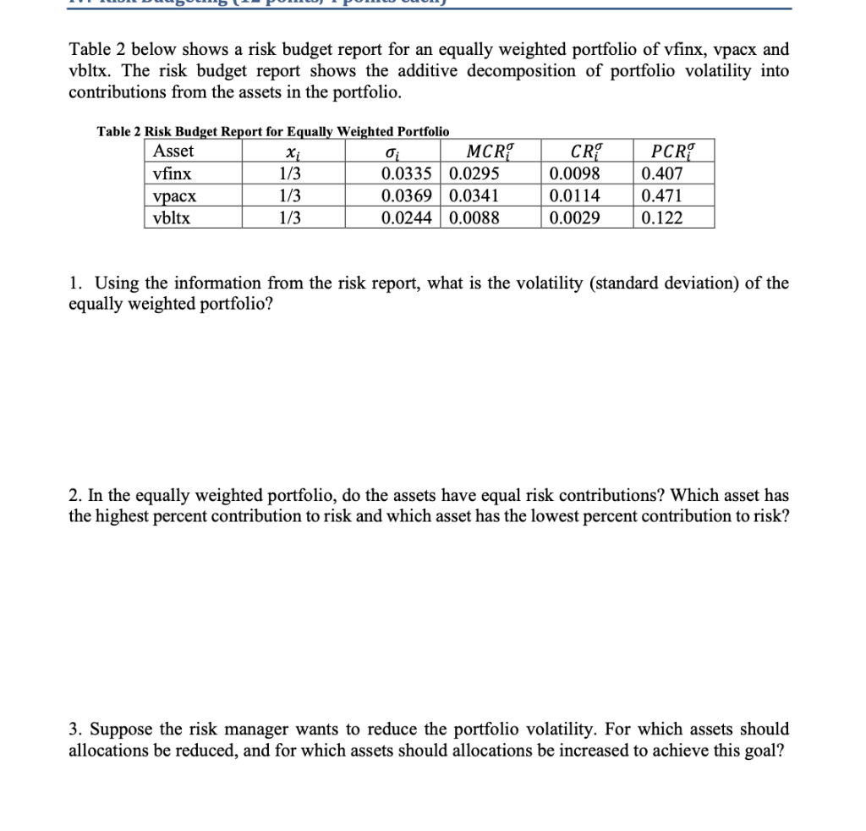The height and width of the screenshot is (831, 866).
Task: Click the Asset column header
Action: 173,151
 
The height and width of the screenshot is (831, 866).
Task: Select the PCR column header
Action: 672,152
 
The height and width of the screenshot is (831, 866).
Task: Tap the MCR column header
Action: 490,152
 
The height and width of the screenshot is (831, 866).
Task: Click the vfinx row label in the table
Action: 172,174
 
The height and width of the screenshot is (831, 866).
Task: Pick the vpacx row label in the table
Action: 174,196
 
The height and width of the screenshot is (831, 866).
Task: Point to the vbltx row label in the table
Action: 172,218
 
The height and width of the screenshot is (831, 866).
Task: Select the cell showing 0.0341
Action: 474,196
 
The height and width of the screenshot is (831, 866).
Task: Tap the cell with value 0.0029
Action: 574,218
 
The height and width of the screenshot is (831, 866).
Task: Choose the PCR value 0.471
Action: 662,196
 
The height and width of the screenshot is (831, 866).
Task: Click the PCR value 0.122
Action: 662,218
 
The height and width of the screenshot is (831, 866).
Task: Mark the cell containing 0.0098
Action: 574,174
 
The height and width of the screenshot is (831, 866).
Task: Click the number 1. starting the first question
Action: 75,283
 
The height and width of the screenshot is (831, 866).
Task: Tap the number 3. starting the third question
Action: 75,729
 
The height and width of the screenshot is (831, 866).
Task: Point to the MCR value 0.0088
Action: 474,218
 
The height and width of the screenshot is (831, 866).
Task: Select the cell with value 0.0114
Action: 574,196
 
